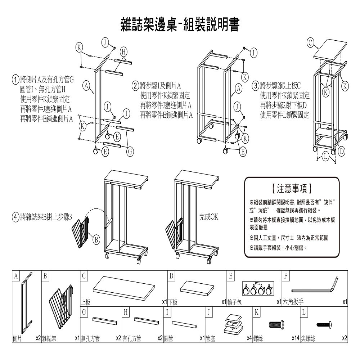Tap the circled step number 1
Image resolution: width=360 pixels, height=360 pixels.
point(15,79)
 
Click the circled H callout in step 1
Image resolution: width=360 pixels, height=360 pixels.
point(123,51)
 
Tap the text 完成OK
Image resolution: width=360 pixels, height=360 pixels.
point(209,217)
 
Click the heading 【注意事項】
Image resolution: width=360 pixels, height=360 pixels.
point(292,188)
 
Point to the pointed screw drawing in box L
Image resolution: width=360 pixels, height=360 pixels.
point(324,324)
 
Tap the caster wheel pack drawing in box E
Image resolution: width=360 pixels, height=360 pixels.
point(256,288)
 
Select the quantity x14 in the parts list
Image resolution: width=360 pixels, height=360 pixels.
point(295,338)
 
